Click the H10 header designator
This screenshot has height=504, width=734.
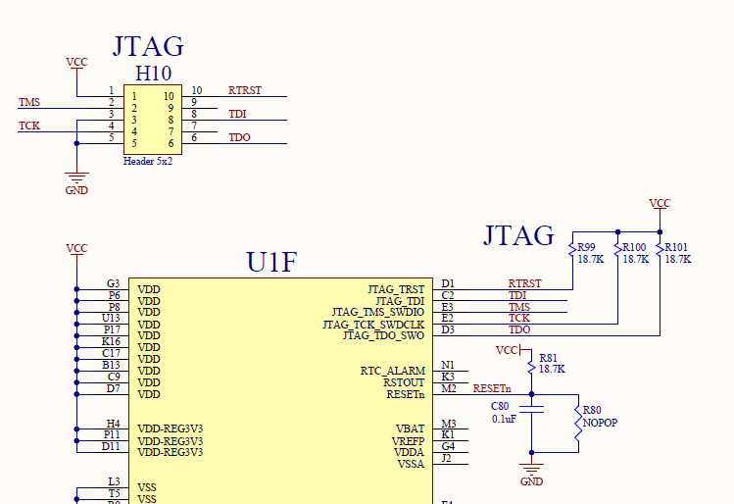tap(153, 74)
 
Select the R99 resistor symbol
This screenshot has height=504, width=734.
tap(572, 252)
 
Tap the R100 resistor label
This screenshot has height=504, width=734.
tap(635, 247)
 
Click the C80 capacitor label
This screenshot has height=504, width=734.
tap(500, 405)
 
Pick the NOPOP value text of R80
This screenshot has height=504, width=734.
tap(600, 423)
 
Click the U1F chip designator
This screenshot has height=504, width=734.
tap(271, 263)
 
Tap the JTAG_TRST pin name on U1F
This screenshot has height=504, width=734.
tap(396, 289)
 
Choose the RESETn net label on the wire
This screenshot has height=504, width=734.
tap(492, 388)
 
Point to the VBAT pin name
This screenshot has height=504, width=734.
tap(410, 428)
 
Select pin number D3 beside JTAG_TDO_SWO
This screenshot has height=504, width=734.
tap(448, 330)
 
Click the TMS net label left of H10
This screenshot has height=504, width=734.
tap(29, 102)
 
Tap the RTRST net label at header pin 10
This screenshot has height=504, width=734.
tap(245, 90)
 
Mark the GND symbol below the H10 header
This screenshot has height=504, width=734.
tap(76, 181)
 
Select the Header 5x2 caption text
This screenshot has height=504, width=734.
tap(148, 160)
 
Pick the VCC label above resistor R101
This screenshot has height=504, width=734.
tap(661, 203)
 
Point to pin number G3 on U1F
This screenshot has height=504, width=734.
tap(114, 283)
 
